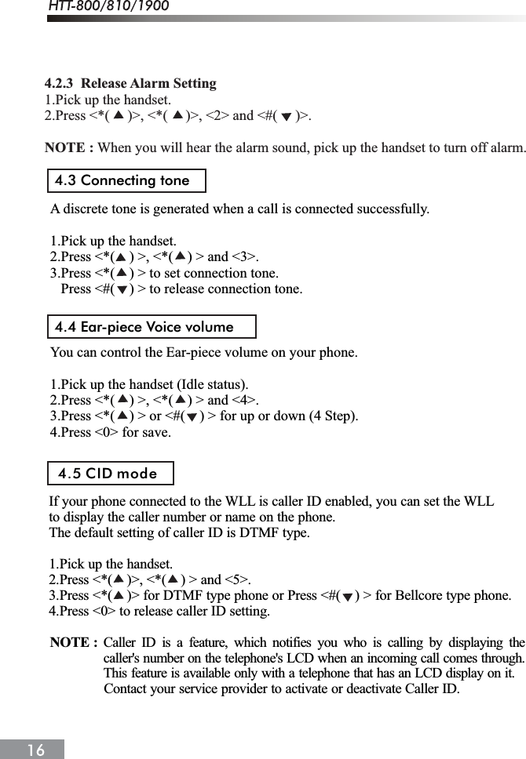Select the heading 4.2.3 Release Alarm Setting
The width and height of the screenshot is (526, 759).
tap(130, 84)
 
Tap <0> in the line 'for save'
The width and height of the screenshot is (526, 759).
tap(104, 432)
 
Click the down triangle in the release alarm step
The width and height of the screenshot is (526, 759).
tap(286, 117)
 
